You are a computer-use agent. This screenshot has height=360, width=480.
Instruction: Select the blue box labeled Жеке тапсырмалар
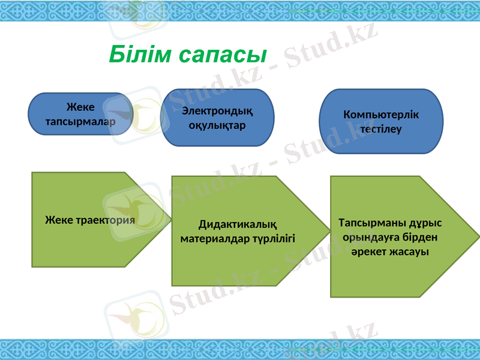click(80, 114)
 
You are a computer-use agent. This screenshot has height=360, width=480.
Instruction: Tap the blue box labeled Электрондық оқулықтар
click(217, 118)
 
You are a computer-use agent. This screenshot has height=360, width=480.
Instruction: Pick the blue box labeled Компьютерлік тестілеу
click(381, 122)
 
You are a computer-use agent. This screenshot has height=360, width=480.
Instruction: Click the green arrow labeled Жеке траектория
click(90, 220)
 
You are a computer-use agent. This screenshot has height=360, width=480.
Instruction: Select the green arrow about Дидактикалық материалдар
click(240, 231)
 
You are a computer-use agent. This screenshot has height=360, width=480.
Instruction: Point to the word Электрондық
click(217, 111)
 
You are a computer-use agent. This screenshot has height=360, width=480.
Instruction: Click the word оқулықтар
click(217, 125)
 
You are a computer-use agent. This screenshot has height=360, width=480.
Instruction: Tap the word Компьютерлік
click(381, 115)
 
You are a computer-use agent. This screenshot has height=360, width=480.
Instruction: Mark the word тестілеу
click(381, 129)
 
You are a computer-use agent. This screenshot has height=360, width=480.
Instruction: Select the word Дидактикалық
click(238, 225)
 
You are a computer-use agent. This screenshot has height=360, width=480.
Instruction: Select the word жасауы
click(407, 251)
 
